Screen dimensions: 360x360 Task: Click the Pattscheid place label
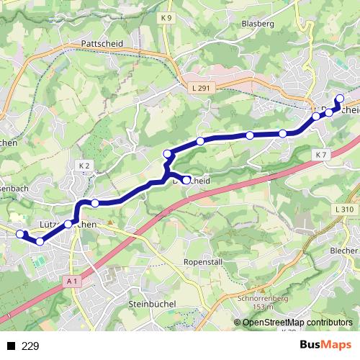coord(103,44)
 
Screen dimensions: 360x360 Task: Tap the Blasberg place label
coord(260,24)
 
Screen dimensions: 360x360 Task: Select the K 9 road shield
coord(167,18)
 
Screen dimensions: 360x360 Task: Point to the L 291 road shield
coord(202,87)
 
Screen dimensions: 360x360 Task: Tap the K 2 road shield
coord(83,166)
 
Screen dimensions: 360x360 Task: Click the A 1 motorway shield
coord(70,282)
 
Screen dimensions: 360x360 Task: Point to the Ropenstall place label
coord(202,261)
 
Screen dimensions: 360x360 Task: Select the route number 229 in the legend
coord(30,346)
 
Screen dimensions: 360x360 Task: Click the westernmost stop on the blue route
coord(21,234)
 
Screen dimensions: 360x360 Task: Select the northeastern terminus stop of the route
coord(340,99)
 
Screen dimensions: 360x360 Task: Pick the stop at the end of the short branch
coord(187,180)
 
